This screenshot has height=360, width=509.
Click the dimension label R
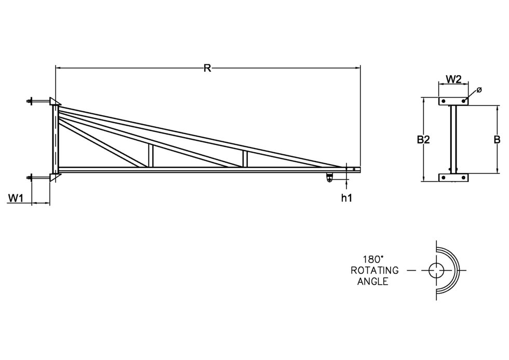pos(207,68)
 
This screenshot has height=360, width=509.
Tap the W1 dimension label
pos(15,197)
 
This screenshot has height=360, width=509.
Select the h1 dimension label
pos(346,197)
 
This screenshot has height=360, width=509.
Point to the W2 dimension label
pos(454,79)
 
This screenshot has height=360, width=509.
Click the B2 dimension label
pos(424,139)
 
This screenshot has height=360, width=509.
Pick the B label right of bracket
pos(497,139)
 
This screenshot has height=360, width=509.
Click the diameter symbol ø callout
pos(479,90)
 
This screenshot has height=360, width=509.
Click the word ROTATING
pos(375,270)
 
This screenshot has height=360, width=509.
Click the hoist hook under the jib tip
pos(329,178)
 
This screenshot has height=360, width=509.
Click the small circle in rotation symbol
pos(436,270)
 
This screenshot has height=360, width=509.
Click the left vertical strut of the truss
pos(151,155)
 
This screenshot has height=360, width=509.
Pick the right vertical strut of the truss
pos(245,158)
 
